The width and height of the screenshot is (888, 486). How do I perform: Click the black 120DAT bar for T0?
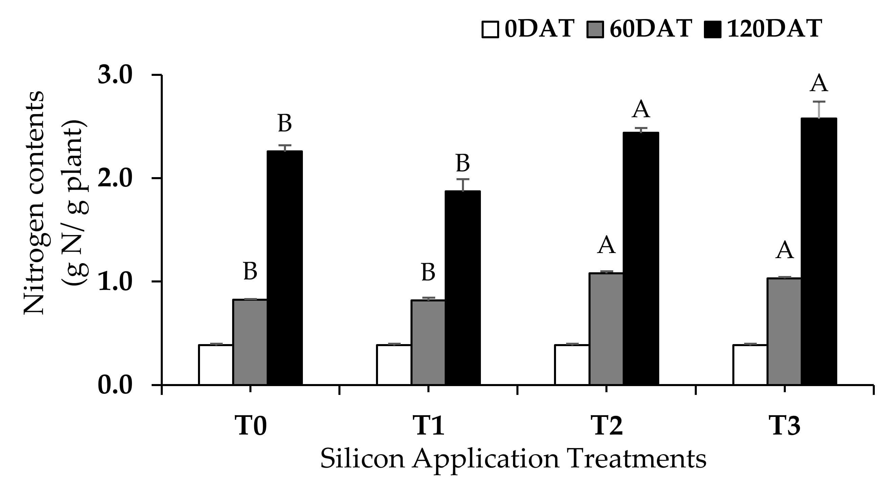point(285,268)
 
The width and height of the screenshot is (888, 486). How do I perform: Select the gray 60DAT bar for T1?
point(428,342)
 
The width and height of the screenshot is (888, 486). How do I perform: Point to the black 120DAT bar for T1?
point(463,288)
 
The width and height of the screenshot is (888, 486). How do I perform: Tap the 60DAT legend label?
point(651,28)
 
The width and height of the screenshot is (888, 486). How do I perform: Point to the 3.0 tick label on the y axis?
point(115,75)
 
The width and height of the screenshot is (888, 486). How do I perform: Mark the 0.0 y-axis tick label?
point(115,385)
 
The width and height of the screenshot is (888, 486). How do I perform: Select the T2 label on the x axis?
point(607,426)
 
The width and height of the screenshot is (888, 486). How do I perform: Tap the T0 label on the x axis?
point(251,426)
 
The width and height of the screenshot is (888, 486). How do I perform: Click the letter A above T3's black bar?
point(819,83)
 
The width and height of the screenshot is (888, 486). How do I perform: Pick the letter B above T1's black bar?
point(463,163)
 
